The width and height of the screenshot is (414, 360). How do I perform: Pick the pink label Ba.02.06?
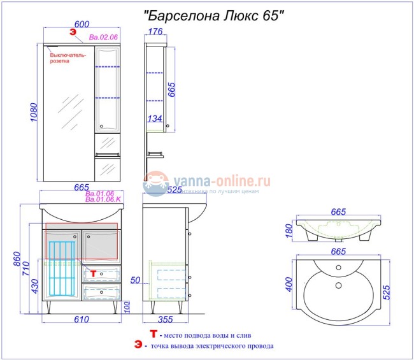(103, 38)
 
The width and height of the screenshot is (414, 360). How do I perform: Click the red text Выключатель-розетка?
(68, 58)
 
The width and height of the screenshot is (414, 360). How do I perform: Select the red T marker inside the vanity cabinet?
(93, 273)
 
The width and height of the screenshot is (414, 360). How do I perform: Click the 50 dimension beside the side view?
(135, 280)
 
